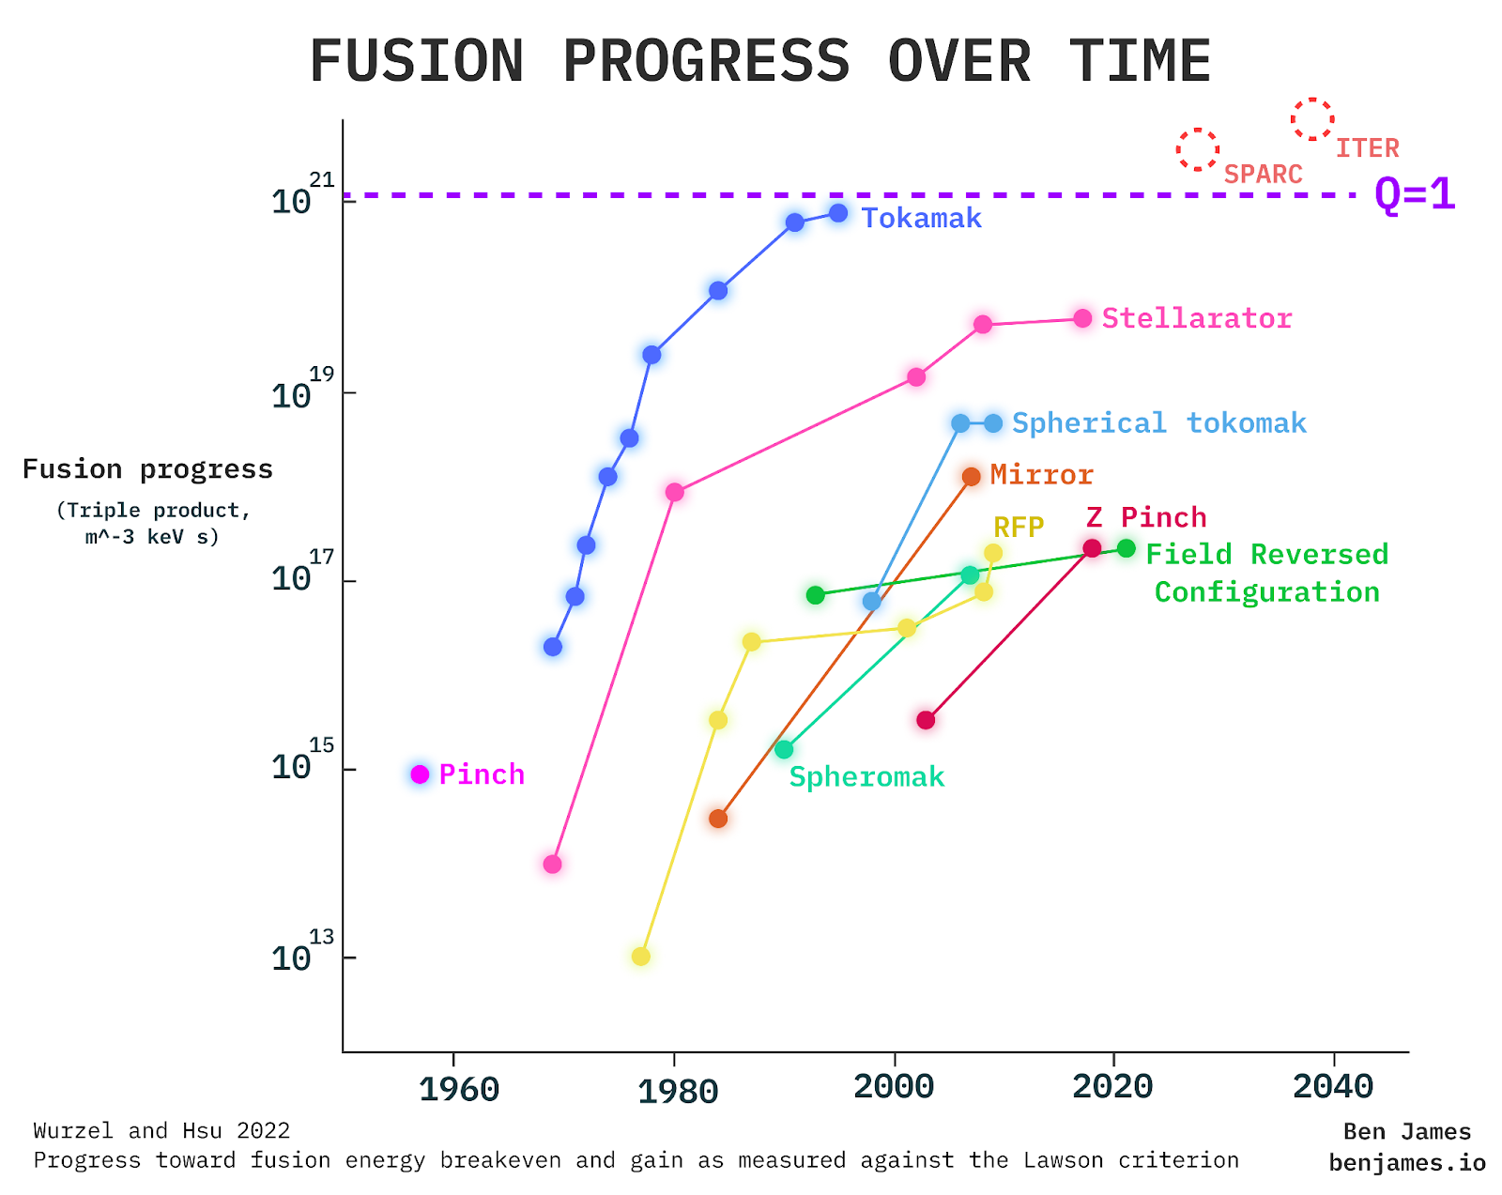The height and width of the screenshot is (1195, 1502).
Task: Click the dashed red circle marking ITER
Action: coord(1312,119)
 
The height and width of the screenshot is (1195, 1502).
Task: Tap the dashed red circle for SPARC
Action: coord(1198,149)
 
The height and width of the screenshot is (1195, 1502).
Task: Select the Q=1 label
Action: coord(1414,194)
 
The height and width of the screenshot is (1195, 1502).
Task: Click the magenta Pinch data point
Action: coord(420,774)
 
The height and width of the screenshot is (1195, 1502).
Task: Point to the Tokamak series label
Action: coord(921,219)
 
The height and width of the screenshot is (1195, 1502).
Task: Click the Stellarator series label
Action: coord(1196,318)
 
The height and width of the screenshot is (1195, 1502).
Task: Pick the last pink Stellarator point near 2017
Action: coord(1082,318)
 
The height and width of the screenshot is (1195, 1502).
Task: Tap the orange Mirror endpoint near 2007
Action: coord(972,477)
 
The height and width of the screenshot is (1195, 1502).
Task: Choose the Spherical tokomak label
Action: coord(1158,423)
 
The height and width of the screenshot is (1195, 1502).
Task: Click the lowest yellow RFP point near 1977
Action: coord(640,957)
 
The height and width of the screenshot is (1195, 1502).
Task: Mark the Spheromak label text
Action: coord(866,777)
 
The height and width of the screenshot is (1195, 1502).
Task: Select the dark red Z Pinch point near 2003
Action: coord(926,720)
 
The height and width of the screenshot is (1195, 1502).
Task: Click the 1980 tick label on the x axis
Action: coord(678,1091)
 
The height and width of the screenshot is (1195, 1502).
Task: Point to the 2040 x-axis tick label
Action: coord(1333,1087)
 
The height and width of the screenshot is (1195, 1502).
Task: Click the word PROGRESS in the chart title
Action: coord(706,62)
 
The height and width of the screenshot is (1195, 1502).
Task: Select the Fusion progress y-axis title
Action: coord(147,469)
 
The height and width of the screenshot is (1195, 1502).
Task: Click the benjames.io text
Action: coord(1406,1163)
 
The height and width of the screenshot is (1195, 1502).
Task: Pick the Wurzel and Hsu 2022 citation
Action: coord(161,1130)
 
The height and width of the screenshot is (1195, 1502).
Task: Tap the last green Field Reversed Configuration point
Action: coord(1126,548)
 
